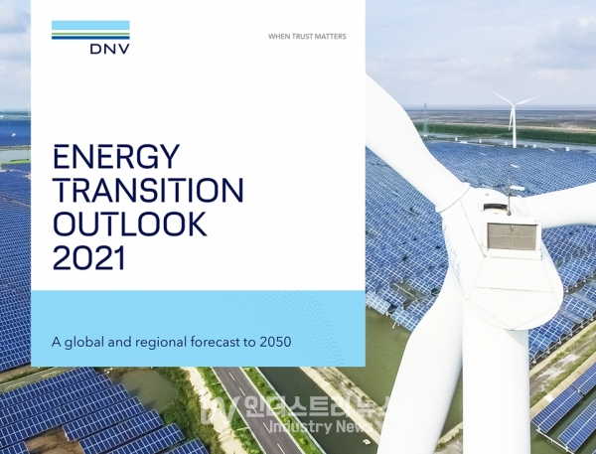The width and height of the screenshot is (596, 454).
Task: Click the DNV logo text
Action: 110,49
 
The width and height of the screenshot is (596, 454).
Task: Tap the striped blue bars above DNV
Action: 90,30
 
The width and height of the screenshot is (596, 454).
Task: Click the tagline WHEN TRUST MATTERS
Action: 307,37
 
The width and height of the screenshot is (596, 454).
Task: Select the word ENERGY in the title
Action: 116,156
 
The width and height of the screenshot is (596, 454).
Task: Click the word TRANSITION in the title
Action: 148,190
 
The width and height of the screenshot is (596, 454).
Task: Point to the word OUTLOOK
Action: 129,224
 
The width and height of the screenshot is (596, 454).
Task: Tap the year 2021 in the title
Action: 89,257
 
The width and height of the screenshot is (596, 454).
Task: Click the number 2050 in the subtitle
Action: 275,342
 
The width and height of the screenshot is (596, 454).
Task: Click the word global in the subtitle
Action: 84,342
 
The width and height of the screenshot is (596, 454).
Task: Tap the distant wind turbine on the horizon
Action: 515,118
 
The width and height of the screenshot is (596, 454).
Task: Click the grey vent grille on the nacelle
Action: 513,236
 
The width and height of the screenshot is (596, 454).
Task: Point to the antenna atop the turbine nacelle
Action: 509,201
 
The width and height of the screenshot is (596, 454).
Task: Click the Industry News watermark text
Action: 320,426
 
